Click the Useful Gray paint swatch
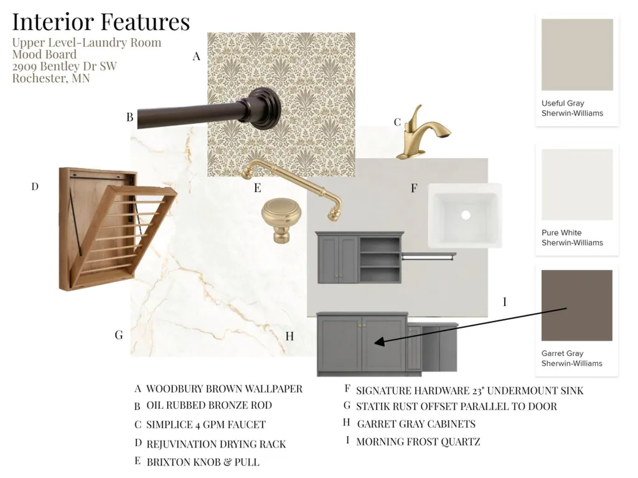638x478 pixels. [577, 55]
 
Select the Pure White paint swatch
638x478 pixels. [577, 184]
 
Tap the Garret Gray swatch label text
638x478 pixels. [571, 358]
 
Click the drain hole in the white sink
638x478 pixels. [466, 214]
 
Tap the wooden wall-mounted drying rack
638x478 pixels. [117, 229]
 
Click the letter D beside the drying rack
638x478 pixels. [35, 186]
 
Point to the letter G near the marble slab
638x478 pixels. [119, 335]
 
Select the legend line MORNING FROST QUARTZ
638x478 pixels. [418, 441]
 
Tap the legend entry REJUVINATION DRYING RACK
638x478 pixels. [216, 444]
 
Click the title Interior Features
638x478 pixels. [101, 22]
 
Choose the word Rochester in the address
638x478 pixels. [39, 78]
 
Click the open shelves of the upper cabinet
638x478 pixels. [380, 259]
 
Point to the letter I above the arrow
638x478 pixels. [505, 302]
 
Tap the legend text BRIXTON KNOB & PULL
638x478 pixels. [203, 462]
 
